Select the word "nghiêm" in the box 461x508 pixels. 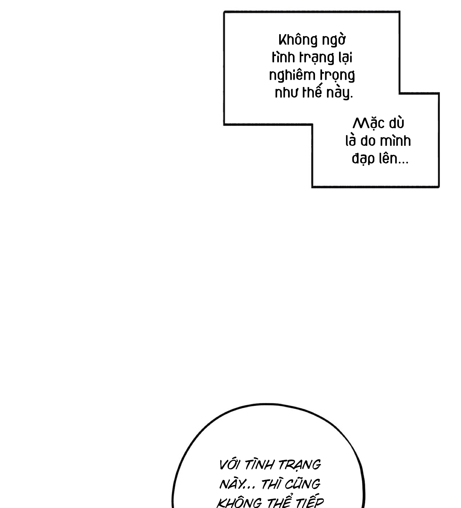[292, 76]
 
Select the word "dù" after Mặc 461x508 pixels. [396, 123]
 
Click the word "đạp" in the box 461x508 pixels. [363, 159]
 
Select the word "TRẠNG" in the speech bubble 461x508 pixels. [300, 465]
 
